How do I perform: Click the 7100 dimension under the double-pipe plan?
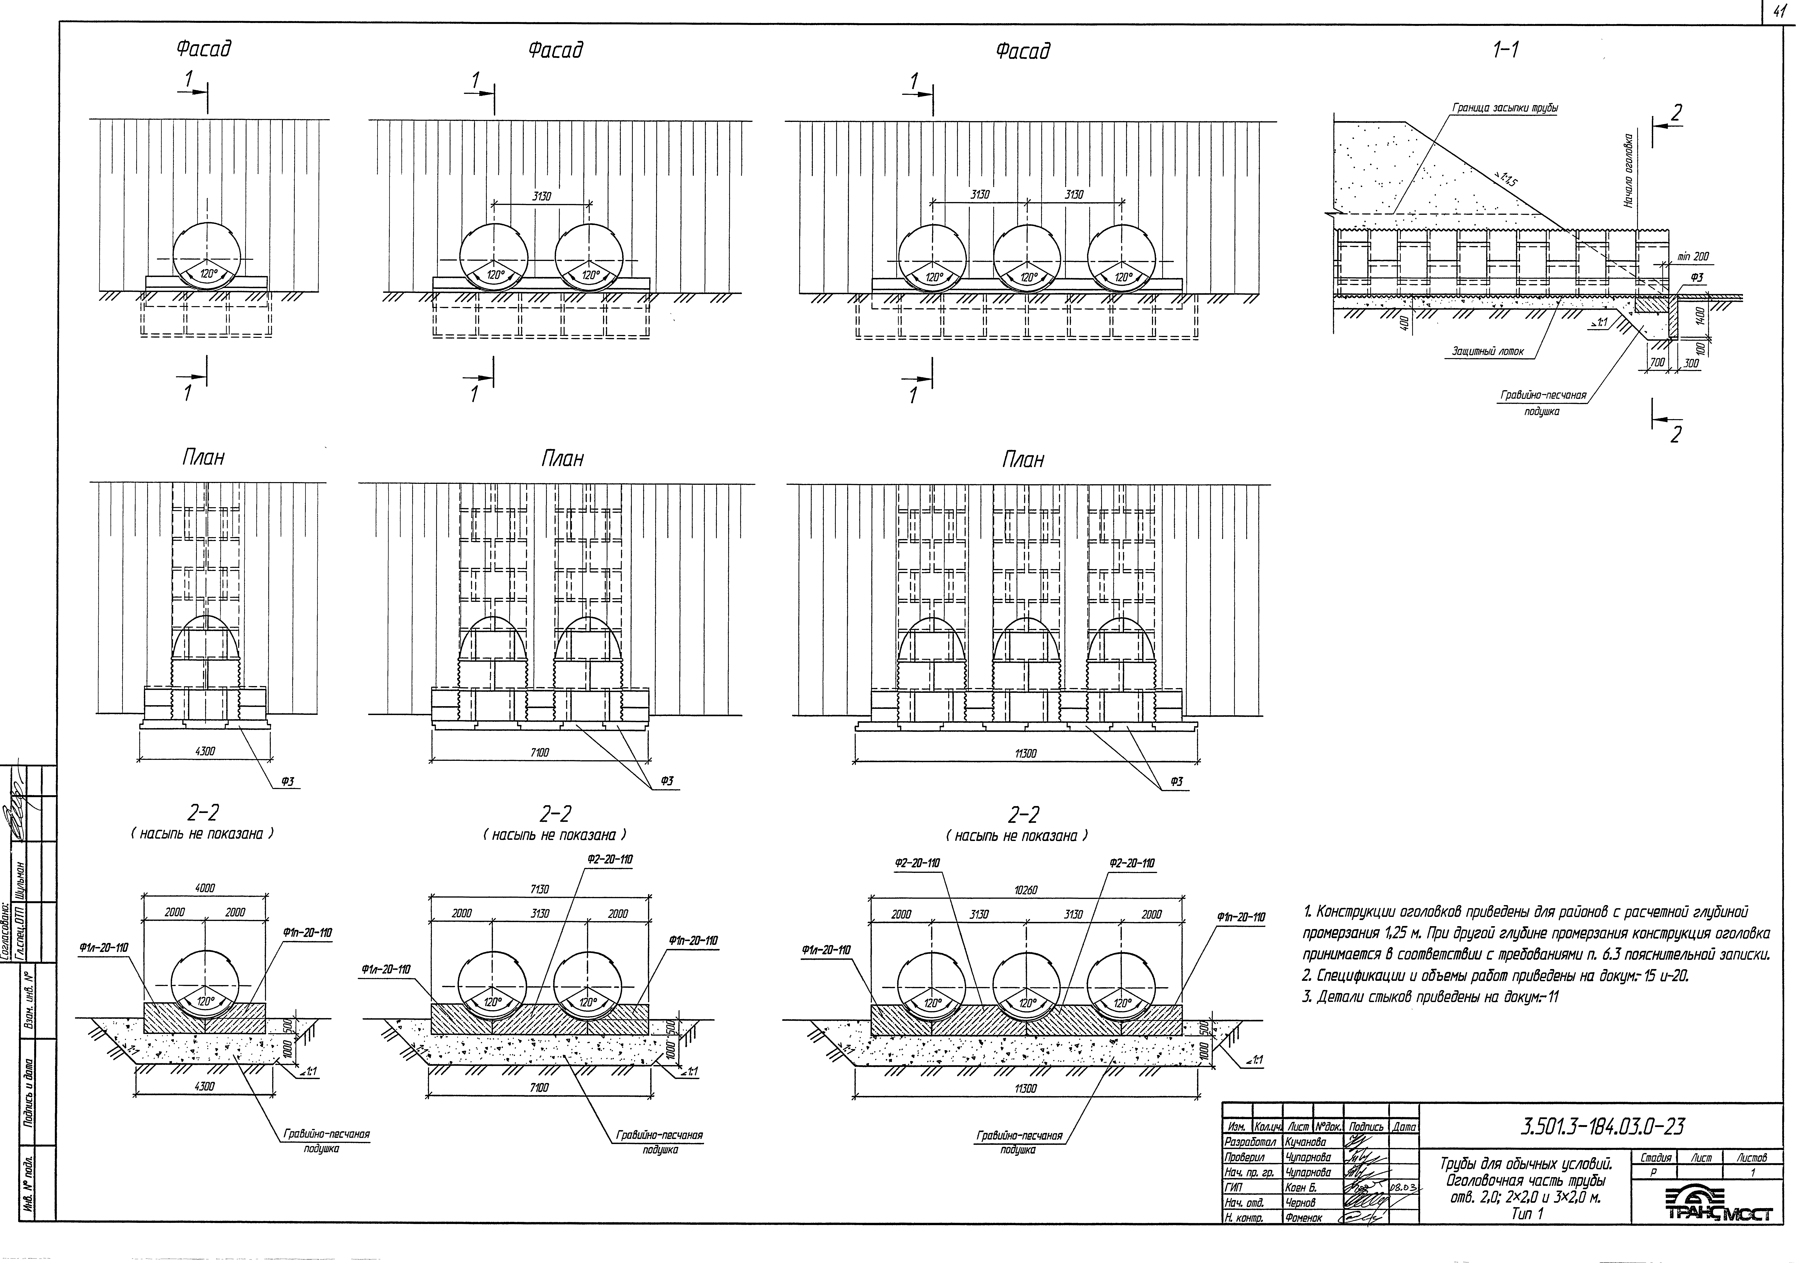pos(539,753)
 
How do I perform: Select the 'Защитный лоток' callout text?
pos(1487,351)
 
